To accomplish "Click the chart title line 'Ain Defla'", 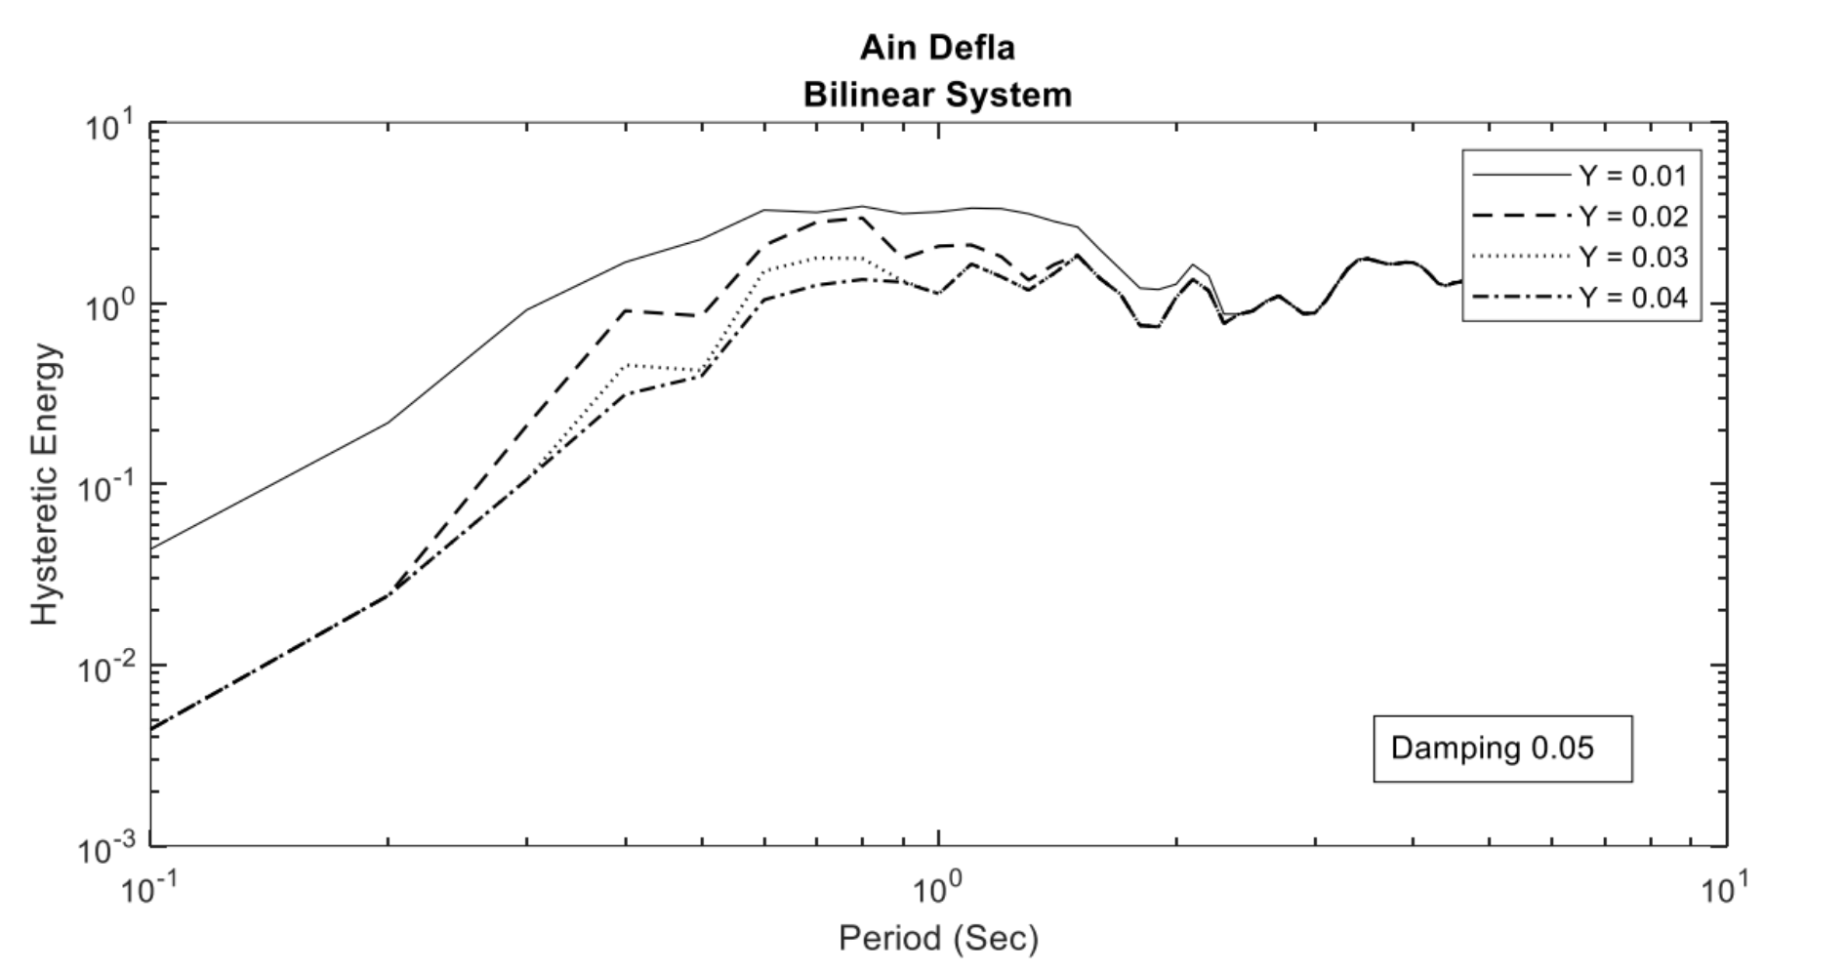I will tap(937, 48).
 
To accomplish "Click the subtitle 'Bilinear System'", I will tap(937, 96).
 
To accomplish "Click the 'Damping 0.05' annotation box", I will tap(1501, 749).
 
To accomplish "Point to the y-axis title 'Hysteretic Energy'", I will tap(45, 486).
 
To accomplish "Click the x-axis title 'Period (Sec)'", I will tap(938, 939).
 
